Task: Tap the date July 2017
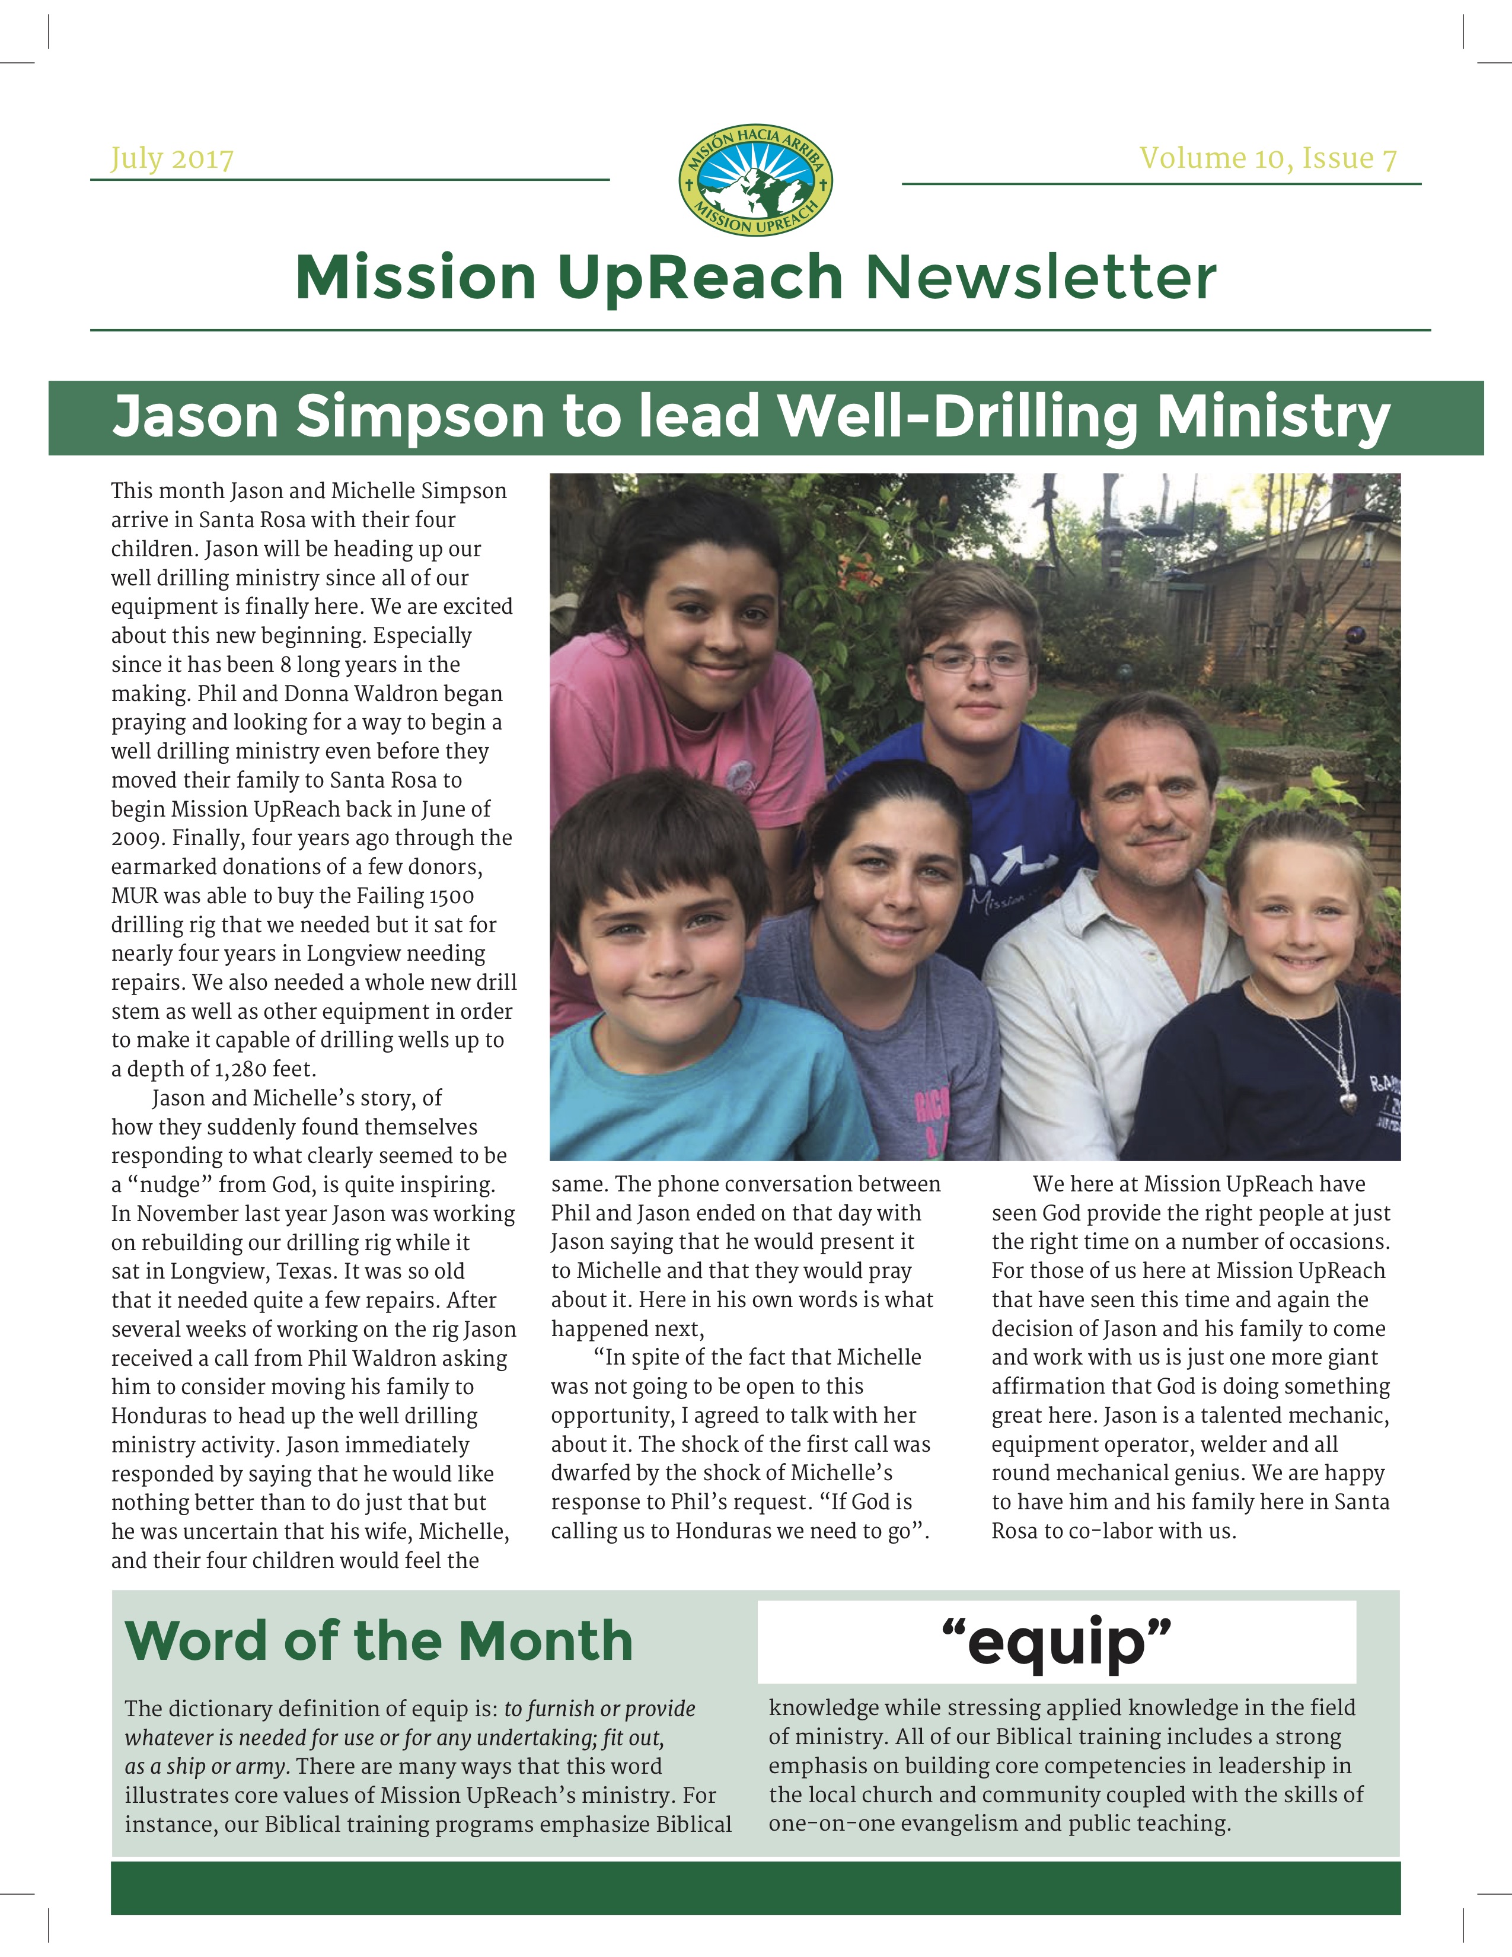[x=172, y=160]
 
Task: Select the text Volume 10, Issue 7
[x=1268, y=158]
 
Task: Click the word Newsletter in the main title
[x=1040, y=277]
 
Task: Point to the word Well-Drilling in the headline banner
[x=958, y=417]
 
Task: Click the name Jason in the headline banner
[x=195, y=417]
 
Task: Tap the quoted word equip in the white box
[x=1057, y=1642]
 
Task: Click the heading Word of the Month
[x=378, y=1641]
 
